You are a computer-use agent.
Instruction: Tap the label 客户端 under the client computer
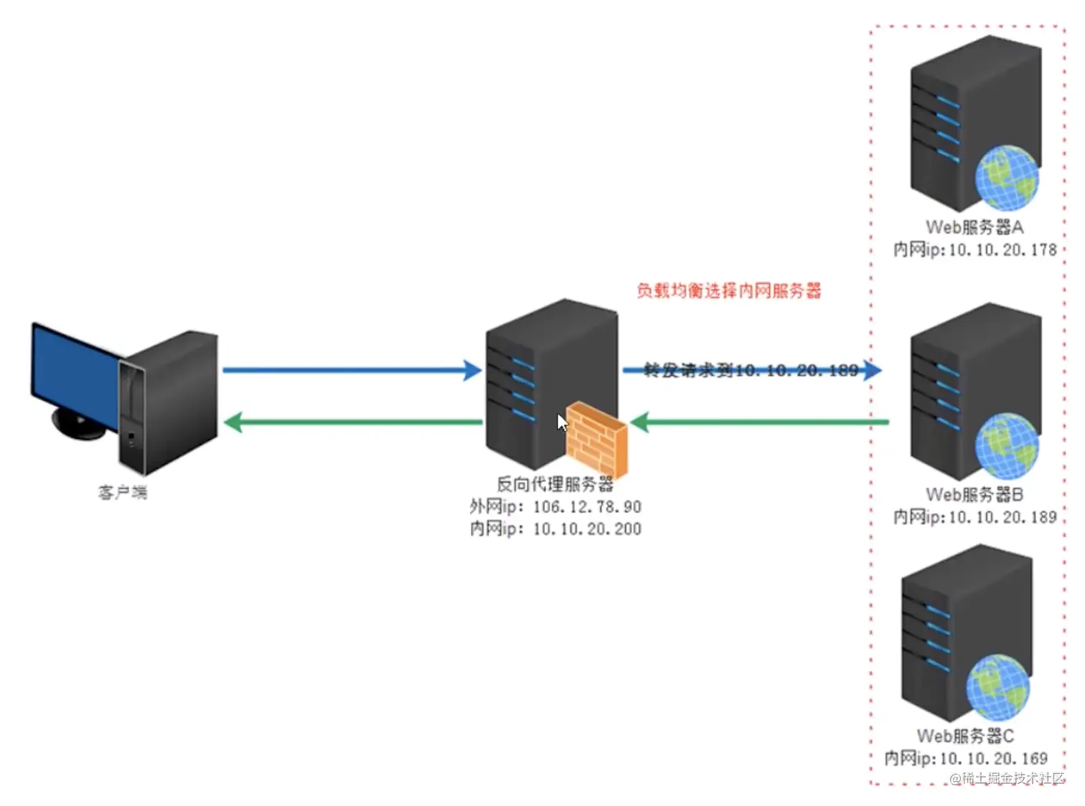[x=123, y=493]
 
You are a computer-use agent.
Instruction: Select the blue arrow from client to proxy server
[x=351, y=370]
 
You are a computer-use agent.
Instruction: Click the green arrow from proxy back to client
[x=352, y=422]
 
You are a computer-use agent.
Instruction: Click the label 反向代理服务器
[x=555, y=484]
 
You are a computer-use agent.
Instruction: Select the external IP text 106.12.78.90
[x=587, y=507]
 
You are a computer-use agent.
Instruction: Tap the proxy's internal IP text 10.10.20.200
[x=587, y=529]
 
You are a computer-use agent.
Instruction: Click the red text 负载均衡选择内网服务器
[x=728, y=290]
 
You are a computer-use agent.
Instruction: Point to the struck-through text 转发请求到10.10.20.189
[x=751, y=370]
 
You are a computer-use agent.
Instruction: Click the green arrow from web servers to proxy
[x=761, y=422]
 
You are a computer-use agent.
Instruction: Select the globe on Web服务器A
[x=1007, y=178]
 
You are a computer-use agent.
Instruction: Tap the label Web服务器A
[x=974, y=227]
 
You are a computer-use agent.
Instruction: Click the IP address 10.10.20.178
[x=1002, y=250]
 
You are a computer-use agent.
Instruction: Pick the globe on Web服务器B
[x=1007, y=445]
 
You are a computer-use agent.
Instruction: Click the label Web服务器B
[x=974, y=495]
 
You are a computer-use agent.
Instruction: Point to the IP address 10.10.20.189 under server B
[x=1002, y=517]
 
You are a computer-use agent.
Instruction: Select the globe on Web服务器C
[x=997, y=687]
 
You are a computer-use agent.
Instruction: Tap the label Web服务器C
[x=965, y=736]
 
